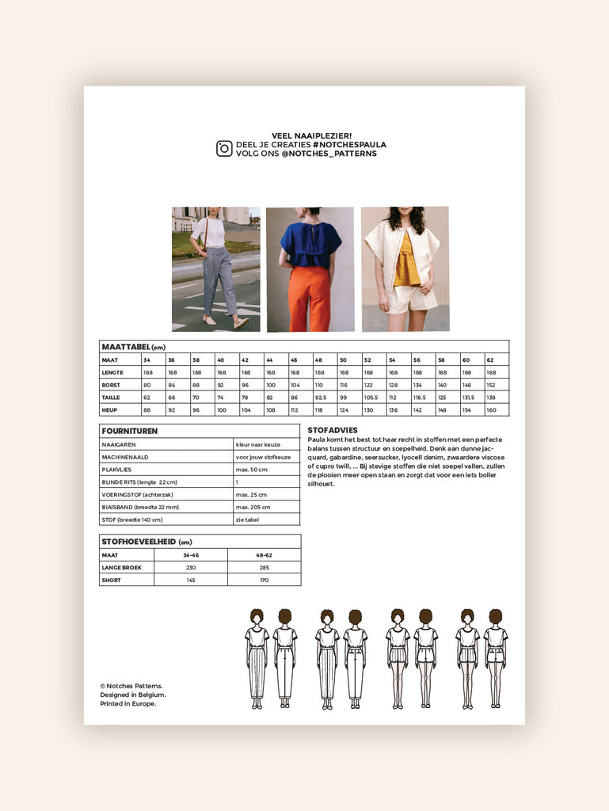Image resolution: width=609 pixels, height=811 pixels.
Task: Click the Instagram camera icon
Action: pos(224,149)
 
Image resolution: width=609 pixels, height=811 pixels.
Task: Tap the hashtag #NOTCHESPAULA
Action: pos(349,145)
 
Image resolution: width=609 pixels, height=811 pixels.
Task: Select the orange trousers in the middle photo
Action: pos(309,297)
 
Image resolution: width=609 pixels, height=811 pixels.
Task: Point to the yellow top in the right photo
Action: pos(407,261)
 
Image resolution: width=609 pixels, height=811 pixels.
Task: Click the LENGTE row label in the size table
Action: pos(112,372)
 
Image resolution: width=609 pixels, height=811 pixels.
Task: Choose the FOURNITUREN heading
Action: pos(130,431)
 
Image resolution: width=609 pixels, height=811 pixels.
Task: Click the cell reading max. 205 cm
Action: pos(253,507)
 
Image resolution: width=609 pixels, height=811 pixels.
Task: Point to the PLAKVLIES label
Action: pos(116,470)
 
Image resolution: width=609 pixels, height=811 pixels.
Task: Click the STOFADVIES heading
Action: pos(332,430)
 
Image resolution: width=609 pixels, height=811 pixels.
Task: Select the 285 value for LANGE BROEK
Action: pos(264,568)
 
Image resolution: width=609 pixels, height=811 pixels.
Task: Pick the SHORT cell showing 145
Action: pos(190,581)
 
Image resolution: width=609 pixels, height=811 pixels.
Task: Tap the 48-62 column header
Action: pos(264,555)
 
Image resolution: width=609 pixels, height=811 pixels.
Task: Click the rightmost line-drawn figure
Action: pos(495,658)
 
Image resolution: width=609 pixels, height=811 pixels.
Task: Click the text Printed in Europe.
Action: pos(128,703)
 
